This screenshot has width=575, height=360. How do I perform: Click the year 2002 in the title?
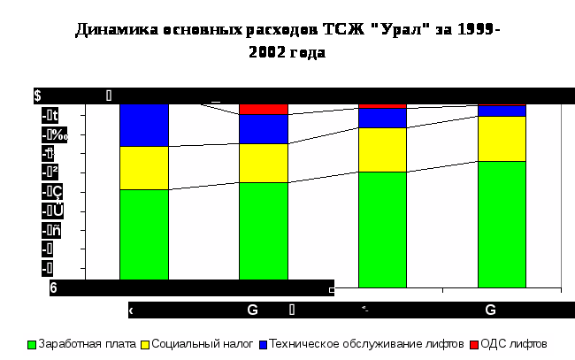[x=268, y=52]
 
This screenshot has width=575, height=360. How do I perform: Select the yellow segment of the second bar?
[x=264, y=163]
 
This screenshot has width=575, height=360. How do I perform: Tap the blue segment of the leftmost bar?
[x=143, y=125]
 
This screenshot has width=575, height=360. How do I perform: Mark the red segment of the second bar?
[x=264, y=109]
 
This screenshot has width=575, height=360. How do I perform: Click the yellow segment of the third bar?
[x=382, y=149]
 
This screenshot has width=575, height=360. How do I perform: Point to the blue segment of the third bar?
[x=382, y=118]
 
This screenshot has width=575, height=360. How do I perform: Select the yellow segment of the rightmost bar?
[x=502, y=138]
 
